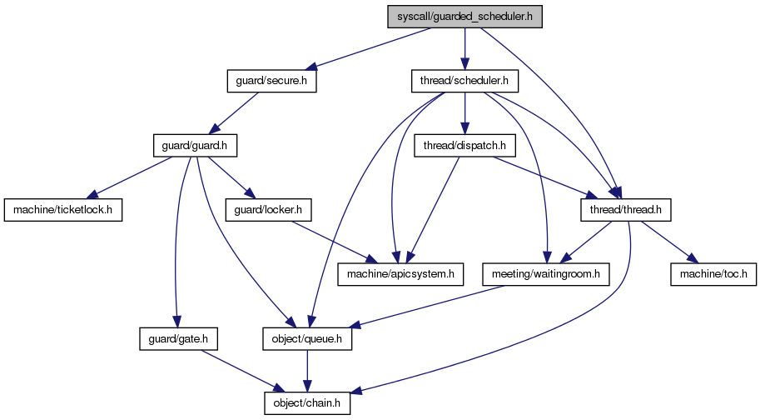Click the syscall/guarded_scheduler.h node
click(464, 17)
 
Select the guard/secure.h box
click(271, 81)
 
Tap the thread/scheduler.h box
click(464, 81)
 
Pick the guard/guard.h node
click(195, 146)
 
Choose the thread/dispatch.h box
click(464, 146)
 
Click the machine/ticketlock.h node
click(63, 210)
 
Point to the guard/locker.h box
click(268, 210)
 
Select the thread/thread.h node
click(626, 210)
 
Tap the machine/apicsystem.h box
click(400, 274)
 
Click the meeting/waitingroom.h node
click(546, 274)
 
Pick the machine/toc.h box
click(713, 274)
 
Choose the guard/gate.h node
click(178, 339)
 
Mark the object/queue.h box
click(307, 339)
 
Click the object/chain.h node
click(307, 403)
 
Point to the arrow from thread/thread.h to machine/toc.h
click(669, 242)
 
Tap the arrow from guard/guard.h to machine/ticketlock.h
click(129, 178)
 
